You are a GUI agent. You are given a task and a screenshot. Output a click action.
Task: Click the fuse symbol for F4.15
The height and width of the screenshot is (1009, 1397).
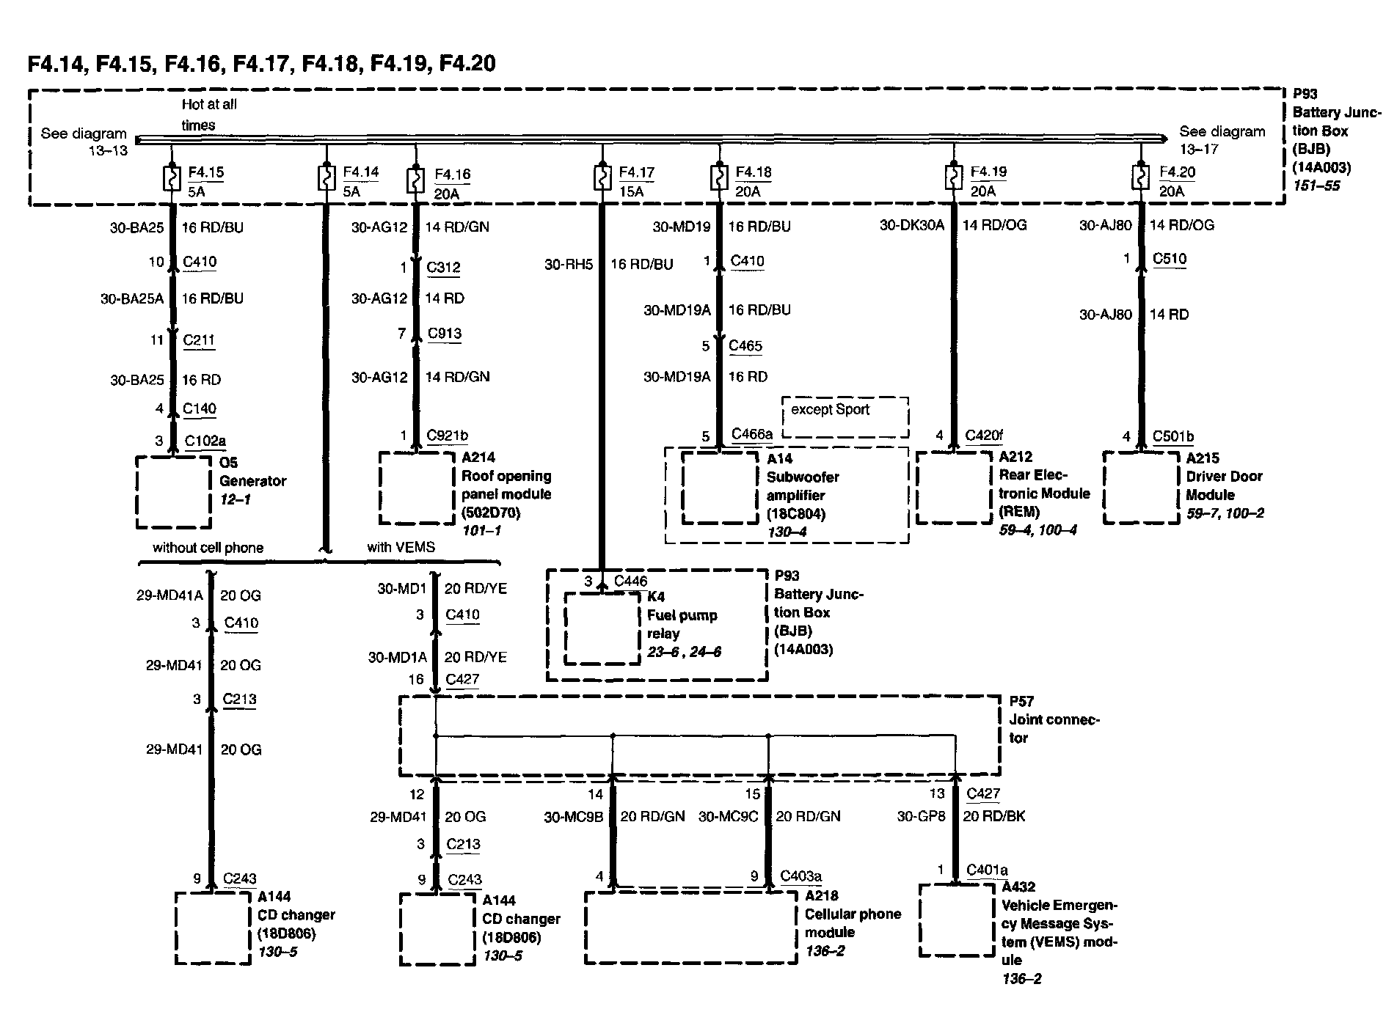tap(171, 179)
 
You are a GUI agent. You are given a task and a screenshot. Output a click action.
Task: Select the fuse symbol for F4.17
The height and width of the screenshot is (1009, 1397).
tap(602, 179)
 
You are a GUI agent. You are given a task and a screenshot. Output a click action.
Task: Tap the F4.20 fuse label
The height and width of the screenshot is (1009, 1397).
tap(1177, 172)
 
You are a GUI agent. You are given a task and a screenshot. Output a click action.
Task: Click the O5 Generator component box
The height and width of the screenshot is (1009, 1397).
tap(173, 492)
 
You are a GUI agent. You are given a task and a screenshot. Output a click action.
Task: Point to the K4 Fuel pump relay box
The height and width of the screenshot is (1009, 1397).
tap(602, 628)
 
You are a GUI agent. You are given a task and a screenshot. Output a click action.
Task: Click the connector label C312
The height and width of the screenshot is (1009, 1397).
tap(443, 267)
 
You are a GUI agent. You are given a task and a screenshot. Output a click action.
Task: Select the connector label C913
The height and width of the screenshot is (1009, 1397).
tap(445, 334)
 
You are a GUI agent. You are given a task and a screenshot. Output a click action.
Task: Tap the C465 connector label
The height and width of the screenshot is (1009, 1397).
tap(745, 345)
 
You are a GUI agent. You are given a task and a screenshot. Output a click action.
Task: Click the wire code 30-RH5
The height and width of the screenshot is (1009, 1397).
tap(568, 264)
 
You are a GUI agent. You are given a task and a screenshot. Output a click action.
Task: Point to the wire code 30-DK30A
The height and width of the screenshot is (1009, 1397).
tap(911, 225)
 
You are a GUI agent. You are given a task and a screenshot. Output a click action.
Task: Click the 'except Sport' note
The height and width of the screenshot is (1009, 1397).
tap(830, 409)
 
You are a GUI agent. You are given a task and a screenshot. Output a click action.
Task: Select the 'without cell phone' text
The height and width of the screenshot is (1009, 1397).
tap(208, 548)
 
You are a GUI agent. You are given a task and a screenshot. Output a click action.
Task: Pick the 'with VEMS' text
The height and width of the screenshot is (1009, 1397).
tap(401, 547)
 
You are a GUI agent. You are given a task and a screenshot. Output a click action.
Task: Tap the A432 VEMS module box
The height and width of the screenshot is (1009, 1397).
tap(956, 920)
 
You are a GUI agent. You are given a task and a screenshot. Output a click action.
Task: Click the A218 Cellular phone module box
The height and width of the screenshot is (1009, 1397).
tap(690, 927)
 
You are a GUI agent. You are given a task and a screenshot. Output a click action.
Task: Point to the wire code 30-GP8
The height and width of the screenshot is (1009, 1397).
tap(921, 816)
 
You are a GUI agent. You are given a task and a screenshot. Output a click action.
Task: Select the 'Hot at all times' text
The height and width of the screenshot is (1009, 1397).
tap(209, 114)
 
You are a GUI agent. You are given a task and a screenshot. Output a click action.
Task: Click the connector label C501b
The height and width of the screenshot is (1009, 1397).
tap(1172, 436)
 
